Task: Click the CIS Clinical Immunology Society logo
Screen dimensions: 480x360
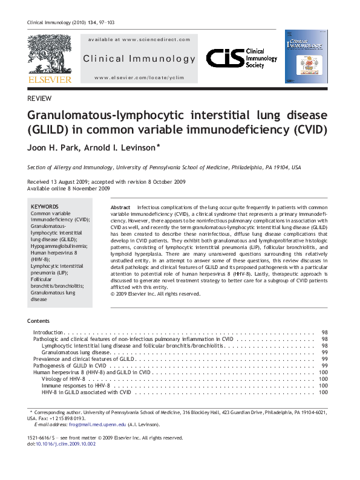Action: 241,59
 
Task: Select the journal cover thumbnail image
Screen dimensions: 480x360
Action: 306,56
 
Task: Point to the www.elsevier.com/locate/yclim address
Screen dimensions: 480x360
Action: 139,79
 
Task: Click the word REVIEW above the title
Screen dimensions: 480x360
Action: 39,99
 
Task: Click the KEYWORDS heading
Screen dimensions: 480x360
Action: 45,206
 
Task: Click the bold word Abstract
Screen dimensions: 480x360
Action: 120,207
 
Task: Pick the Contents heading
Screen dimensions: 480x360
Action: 39,320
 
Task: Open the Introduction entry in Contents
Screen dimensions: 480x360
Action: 48,333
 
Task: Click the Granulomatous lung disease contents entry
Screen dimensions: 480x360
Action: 76,352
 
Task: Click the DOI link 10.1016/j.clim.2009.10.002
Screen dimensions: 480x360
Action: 66,444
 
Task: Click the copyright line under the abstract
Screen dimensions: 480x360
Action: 155,294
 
